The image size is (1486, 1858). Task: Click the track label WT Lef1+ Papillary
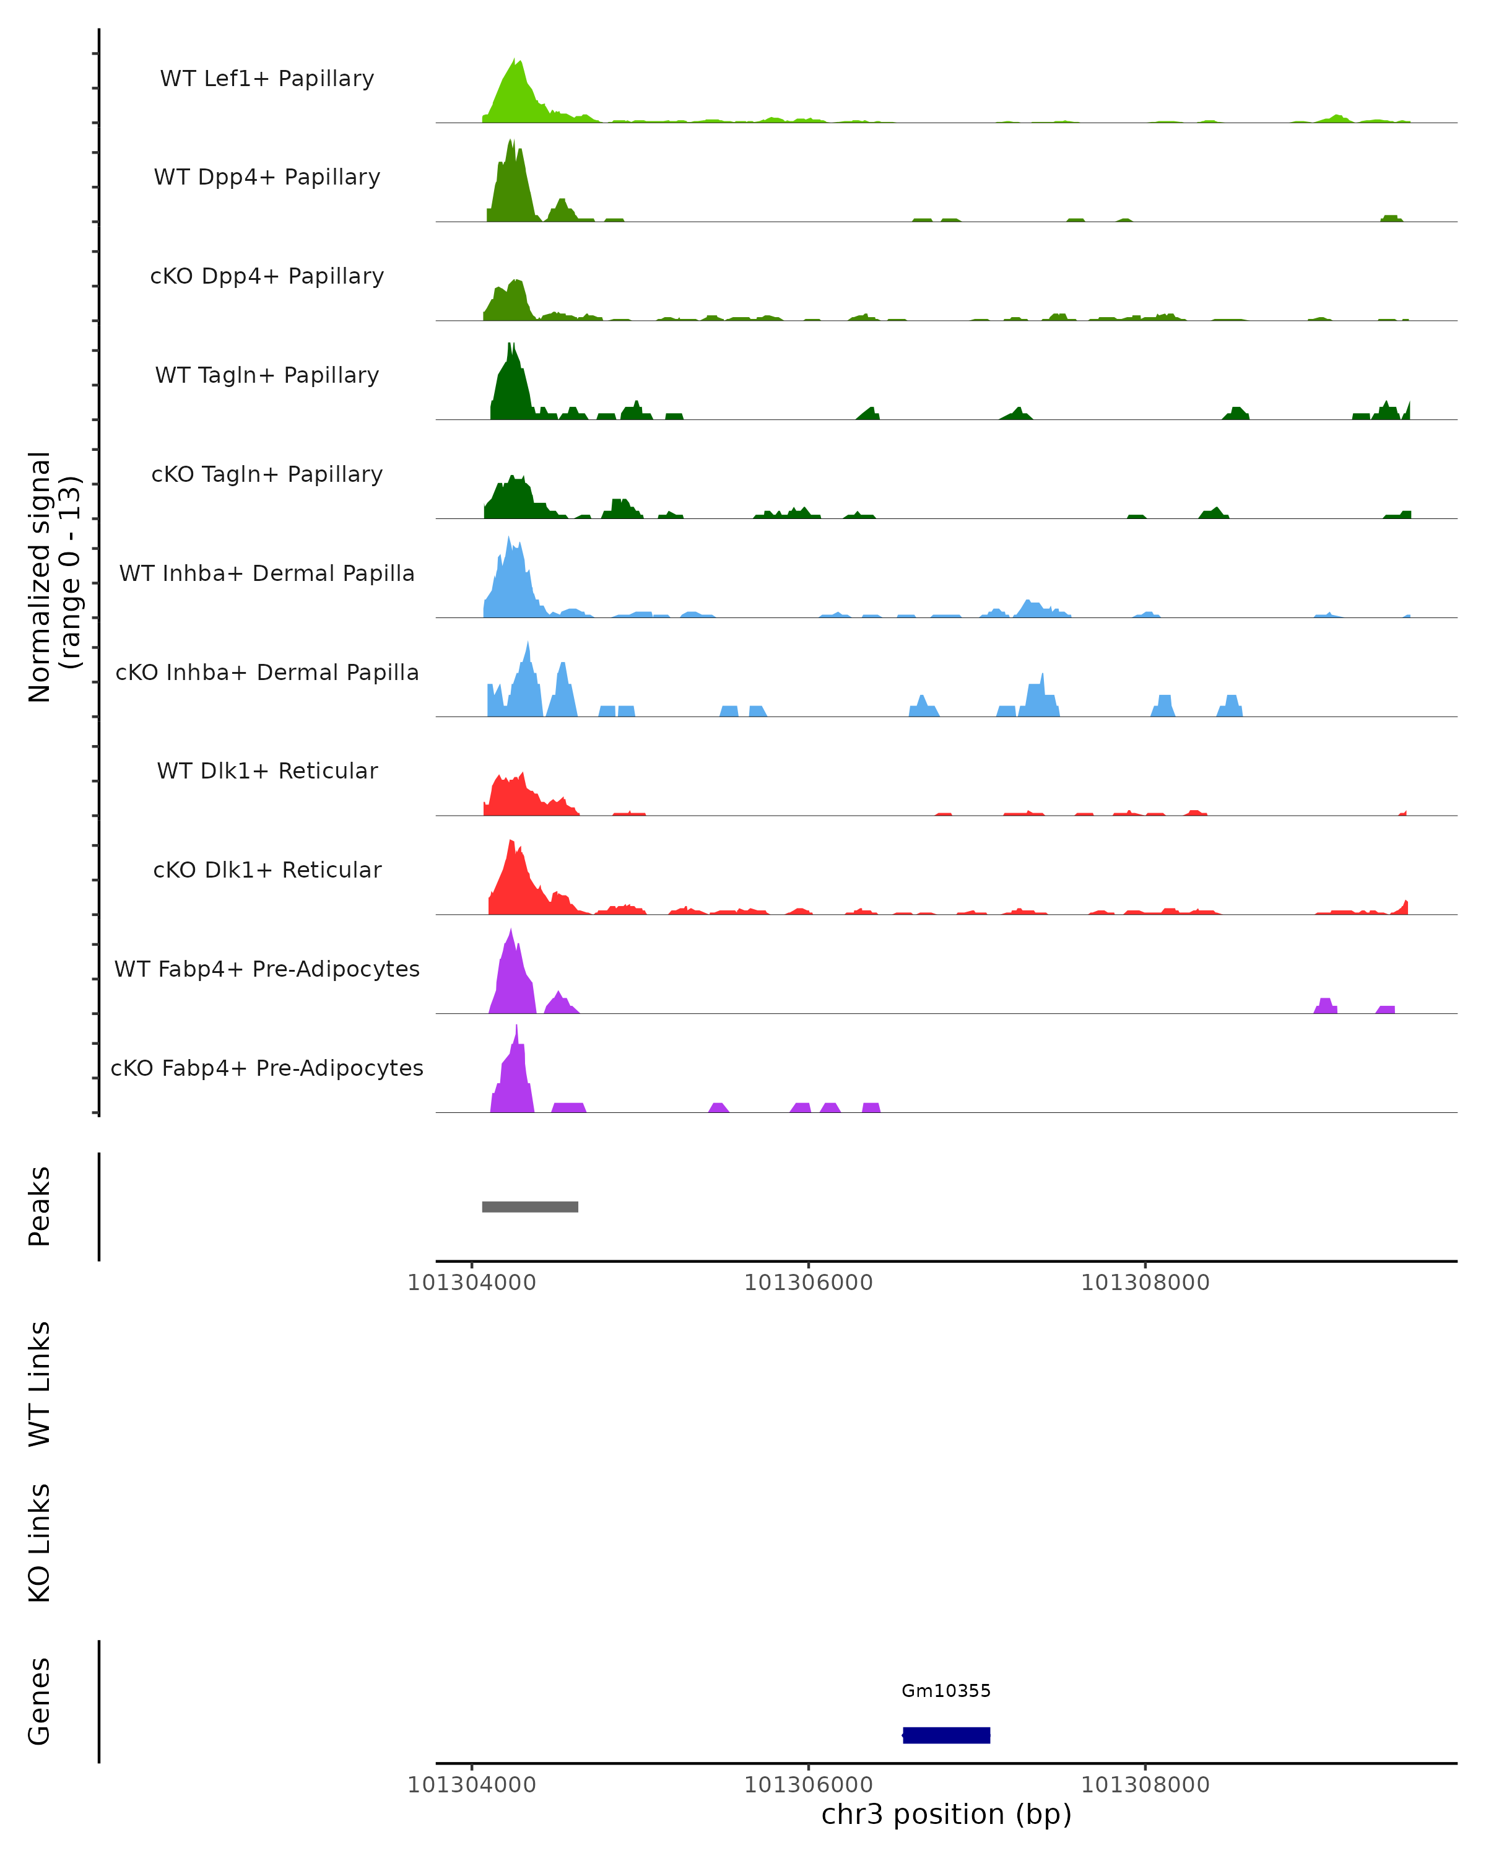point(267,79)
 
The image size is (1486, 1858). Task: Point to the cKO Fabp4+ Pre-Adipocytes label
point(267,1068)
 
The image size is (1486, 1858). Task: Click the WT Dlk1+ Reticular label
point(267,770)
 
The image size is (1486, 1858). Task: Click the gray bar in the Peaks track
point(530,1206)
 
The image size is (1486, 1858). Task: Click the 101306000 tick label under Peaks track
point(808,1283)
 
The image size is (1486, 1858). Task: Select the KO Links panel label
point(40,1543)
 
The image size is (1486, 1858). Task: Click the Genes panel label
point(40,1701)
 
